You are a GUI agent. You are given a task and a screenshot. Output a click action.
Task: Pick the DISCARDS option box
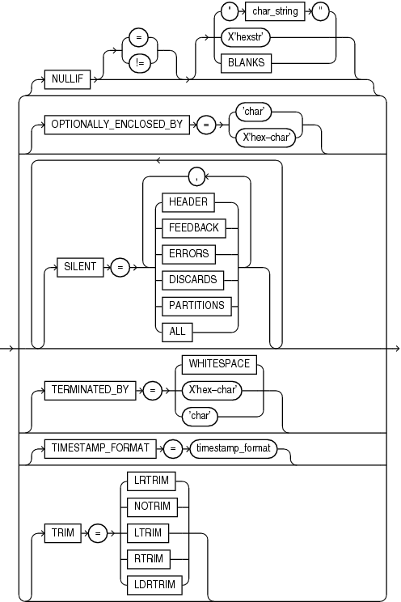click(192, 279)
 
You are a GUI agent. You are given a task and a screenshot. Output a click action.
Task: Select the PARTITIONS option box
click(195, 306)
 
